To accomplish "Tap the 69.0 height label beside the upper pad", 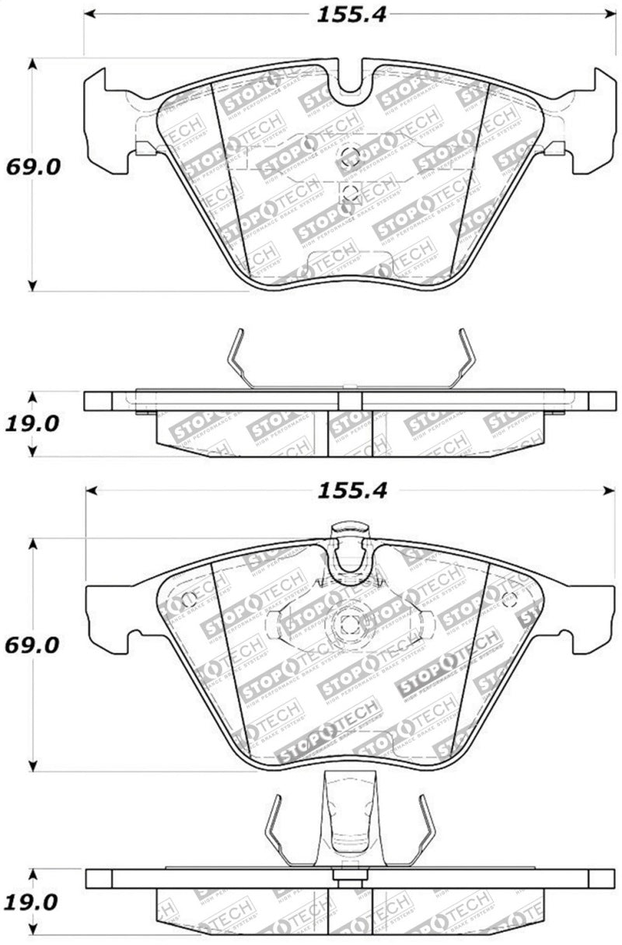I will point(33,167).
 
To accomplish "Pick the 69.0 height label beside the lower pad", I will point(33,646).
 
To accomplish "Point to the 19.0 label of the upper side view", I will point(33,423).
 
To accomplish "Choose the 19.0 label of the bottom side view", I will point(33,901).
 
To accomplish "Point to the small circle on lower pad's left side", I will point(187,600).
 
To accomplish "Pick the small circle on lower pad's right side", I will point(509,599).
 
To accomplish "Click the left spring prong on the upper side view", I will point(241,358).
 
